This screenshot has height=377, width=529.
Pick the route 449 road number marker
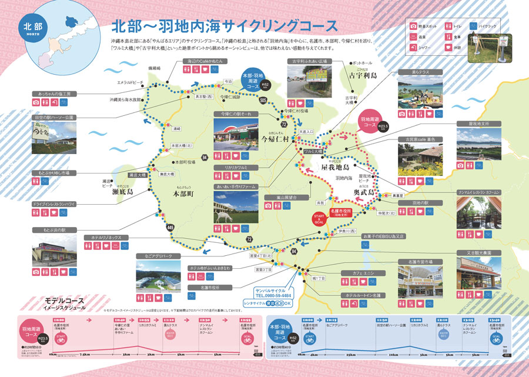[x=170, y=228]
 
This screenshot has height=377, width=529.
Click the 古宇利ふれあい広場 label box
[x=310, y=61]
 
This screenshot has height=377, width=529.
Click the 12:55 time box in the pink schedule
[x=246, y=321]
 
